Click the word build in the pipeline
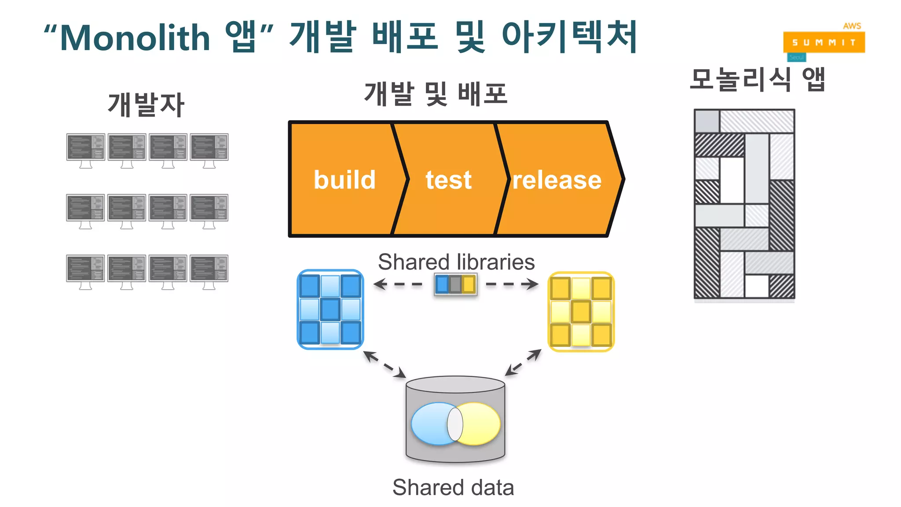pyautogui.click(x=344, y=180)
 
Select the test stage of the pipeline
pyautogui.click(x=448, y=180)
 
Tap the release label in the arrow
pyautogui.click(x=557, y=180)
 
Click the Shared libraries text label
pyautogui.click(x=456, y=262)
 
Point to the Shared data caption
pyautogui.click(x=453, y=487)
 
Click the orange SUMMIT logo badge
pyautogui.click(x=824, y=42)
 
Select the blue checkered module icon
pyautogui.click(x=330, y=309)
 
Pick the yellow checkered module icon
pyautogui.click(x=581, y=312)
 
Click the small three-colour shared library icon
pyautogui.click(x=455, y=284)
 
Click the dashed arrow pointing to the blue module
pyautogui.click(x=397, y=284)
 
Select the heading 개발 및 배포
pyautogui.click(x=436, y=94)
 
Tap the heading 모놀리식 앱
pyautogui.click(x=757, y=80)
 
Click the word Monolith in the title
pyautogui.click(x=135, y=38)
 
